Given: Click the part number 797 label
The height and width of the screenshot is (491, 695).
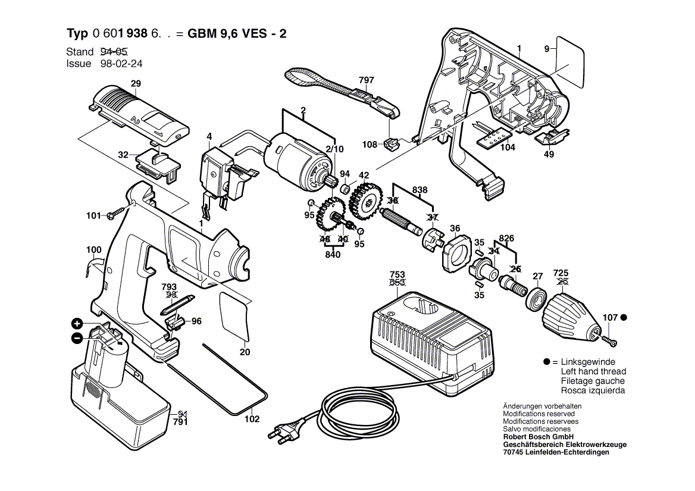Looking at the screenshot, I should [367, 80].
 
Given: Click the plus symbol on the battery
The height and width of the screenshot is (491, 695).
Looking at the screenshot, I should [77, 324].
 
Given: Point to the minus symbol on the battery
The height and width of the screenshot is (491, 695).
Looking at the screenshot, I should [77, 338].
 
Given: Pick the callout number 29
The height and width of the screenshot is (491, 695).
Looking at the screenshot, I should [136, 84].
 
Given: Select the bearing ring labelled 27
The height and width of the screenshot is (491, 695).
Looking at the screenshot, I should [537, 296].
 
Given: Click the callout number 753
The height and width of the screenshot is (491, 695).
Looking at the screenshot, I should [397, 274].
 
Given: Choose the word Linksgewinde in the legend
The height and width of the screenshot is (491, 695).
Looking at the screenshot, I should [588, 362].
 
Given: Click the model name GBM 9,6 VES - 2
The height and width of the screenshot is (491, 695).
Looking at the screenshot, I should [237, 34].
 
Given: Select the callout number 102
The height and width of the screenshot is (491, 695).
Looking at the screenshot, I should [252, 419].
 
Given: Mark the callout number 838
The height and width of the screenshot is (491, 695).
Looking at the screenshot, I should [420, 190].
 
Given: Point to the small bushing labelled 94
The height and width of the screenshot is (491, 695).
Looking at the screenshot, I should [344, 189].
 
